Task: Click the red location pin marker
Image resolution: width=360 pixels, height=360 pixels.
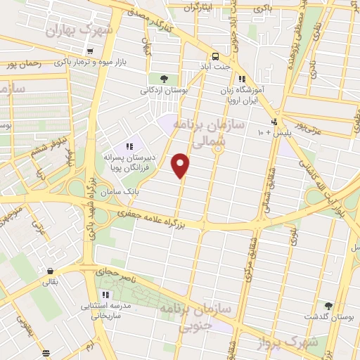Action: [181, 165]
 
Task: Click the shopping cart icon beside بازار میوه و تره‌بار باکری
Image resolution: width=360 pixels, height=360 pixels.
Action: [90, 51]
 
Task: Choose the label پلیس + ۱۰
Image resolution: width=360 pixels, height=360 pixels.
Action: [274, 131]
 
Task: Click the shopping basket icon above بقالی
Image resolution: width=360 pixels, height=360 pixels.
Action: [50, 271]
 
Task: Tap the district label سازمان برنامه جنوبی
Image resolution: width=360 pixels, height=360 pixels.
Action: [188, 317]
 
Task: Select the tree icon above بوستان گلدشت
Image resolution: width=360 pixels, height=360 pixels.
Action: [328, 306]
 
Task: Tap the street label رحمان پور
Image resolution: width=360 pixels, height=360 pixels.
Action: [22, 64]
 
